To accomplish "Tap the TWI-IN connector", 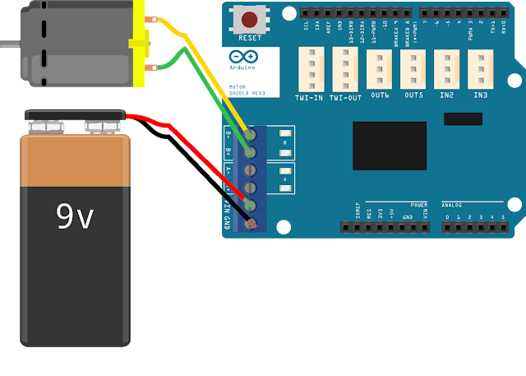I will coord(311,67).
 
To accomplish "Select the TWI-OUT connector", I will coord(345,67).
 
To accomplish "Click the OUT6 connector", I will coord(379,69).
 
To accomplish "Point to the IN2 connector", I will coord(446,69).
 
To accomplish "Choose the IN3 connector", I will coord(480,69).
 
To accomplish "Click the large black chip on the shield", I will coord(390,146).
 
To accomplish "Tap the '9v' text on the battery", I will coord(74,216).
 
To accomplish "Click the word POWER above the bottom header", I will coord(418,204).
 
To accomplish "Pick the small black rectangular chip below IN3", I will coord(463,119).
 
